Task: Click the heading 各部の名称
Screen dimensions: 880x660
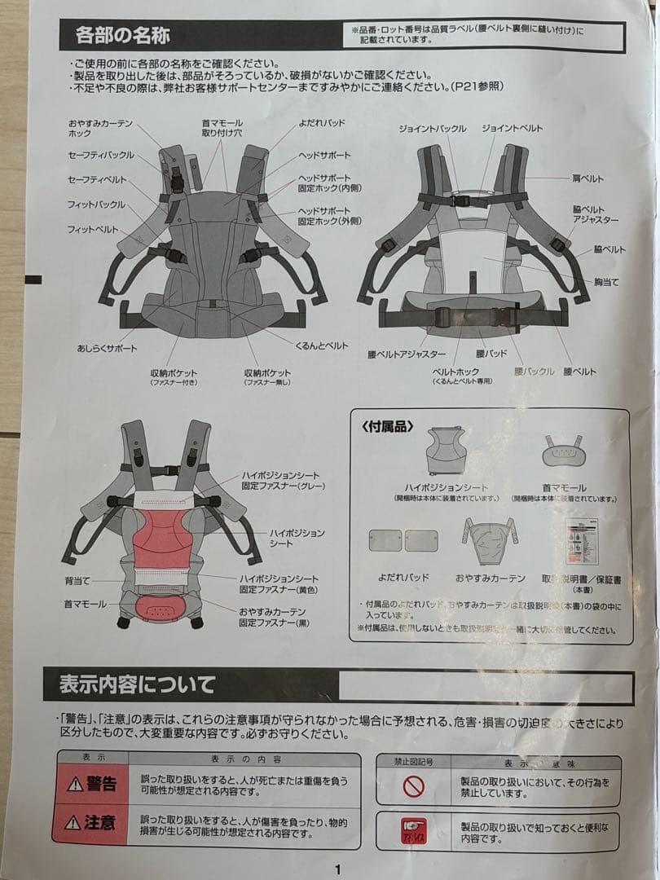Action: coord(122,37)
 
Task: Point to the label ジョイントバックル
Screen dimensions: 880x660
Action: coord(433,129)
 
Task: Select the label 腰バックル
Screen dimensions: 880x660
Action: coord(534,371)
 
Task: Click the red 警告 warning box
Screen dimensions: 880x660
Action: coord(91,784)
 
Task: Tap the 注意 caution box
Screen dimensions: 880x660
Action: coord(91,822)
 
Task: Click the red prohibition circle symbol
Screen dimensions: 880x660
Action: coord(415,786)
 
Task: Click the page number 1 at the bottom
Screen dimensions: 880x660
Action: coord(337,869)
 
